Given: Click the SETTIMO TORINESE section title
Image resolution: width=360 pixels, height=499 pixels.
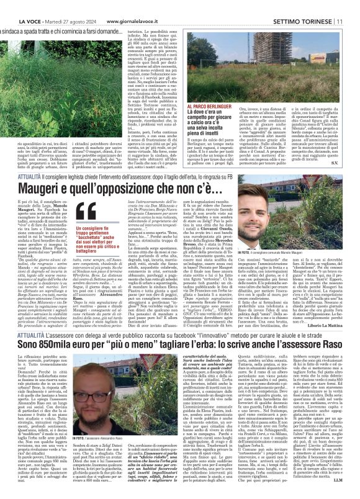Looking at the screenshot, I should coord(307,6).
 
